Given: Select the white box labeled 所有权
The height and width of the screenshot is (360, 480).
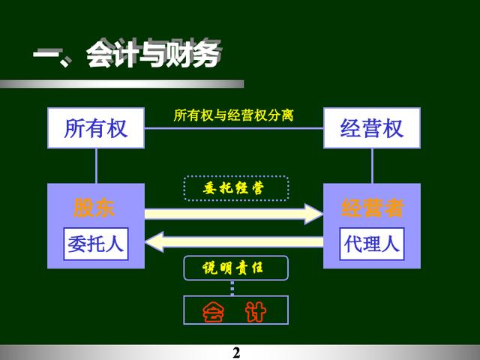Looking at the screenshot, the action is tap(96, 128).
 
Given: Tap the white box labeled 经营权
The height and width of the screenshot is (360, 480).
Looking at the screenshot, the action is tap(372, 128).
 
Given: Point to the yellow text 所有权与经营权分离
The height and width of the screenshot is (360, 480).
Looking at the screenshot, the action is tap(233, 115).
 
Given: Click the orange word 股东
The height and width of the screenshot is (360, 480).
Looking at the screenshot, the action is tap(93, 208).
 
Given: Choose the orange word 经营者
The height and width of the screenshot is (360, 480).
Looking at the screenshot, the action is tap(372, 208).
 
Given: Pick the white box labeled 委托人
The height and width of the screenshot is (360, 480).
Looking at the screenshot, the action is tap(96, 244).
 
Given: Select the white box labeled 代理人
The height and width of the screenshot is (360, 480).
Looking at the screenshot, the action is tap(372, 244).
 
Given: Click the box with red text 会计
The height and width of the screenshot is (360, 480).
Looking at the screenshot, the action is tap(235, 310).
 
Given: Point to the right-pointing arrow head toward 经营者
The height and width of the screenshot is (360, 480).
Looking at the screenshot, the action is tap(313, 214).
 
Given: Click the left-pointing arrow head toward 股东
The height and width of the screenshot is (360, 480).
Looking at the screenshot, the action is tap(154, 242).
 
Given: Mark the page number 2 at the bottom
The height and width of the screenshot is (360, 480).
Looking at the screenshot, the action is tap(236, 352).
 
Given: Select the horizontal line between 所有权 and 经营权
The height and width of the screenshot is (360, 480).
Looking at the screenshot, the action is tap(234, 128).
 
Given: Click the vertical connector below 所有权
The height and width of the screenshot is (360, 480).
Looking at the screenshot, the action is tap(97, 166).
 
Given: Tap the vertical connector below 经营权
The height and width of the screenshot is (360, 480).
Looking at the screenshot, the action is tap(372, 166).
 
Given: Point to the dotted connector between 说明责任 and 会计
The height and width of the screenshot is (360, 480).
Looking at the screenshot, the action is tap(232, 288).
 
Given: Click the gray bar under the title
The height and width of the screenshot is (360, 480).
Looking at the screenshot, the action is tap(121, 84).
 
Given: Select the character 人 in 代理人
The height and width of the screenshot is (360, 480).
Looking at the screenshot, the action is tap(391, 244).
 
